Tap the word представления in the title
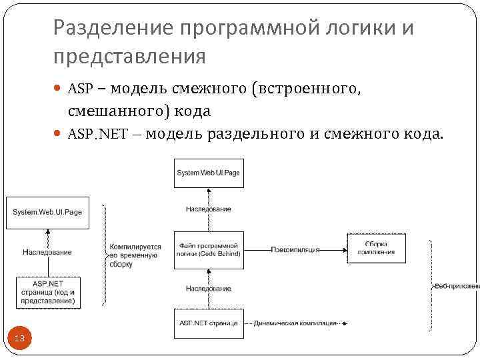(x=130, y=57)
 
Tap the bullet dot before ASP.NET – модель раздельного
(x=58, y=134)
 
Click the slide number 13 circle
(x=19, y=339)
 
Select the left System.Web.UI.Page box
(x=47, y=212)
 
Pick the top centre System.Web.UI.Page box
(x=208, y=173)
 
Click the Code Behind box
(x=209, y=249)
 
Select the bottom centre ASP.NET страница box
(x=208, y=323)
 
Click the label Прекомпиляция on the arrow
(x=295, y=249)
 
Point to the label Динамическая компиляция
(x=295, y=323)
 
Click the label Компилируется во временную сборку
(x=135, y=255)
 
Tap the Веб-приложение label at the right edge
(x=457, y=286)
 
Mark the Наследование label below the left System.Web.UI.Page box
(x=47, y=253)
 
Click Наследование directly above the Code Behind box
(x=208, y=209)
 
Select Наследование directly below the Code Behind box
(x=208, y=289)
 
